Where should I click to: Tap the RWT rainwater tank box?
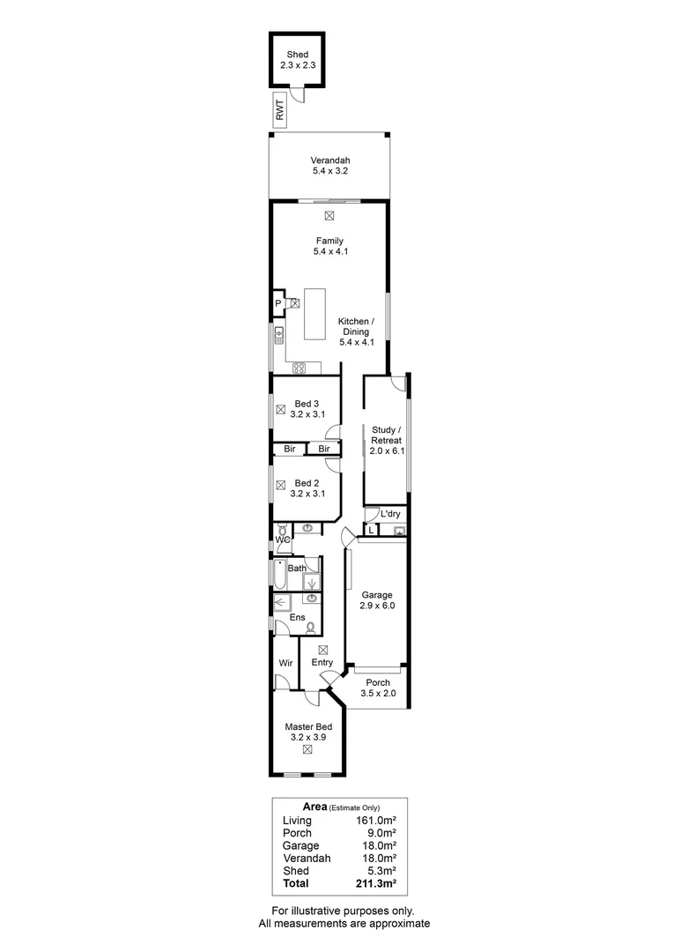click(x=279, y=110)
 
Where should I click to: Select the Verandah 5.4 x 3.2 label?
click(x=329, y=166)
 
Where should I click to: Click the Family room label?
click(x=329, y=246)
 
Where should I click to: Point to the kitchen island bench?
click(x=314, y=314)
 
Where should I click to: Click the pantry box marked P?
click(x=278, y=303)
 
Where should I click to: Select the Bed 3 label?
click(x=307, y=409)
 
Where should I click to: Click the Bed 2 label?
click(x=307, y=488)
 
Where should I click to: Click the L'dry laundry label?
click(x=390, y=513)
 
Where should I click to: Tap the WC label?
click(x=283, y=538)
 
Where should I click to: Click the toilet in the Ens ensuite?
click(x=310, y=628)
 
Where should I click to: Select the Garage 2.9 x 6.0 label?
click(x=376, y=601)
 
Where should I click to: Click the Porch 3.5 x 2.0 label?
click(x=378, y=688)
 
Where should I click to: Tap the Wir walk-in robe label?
click(x=285, y=662)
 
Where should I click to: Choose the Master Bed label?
click(x=307, y=733)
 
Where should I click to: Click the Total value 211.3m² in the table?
click(x=373, y=882)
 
